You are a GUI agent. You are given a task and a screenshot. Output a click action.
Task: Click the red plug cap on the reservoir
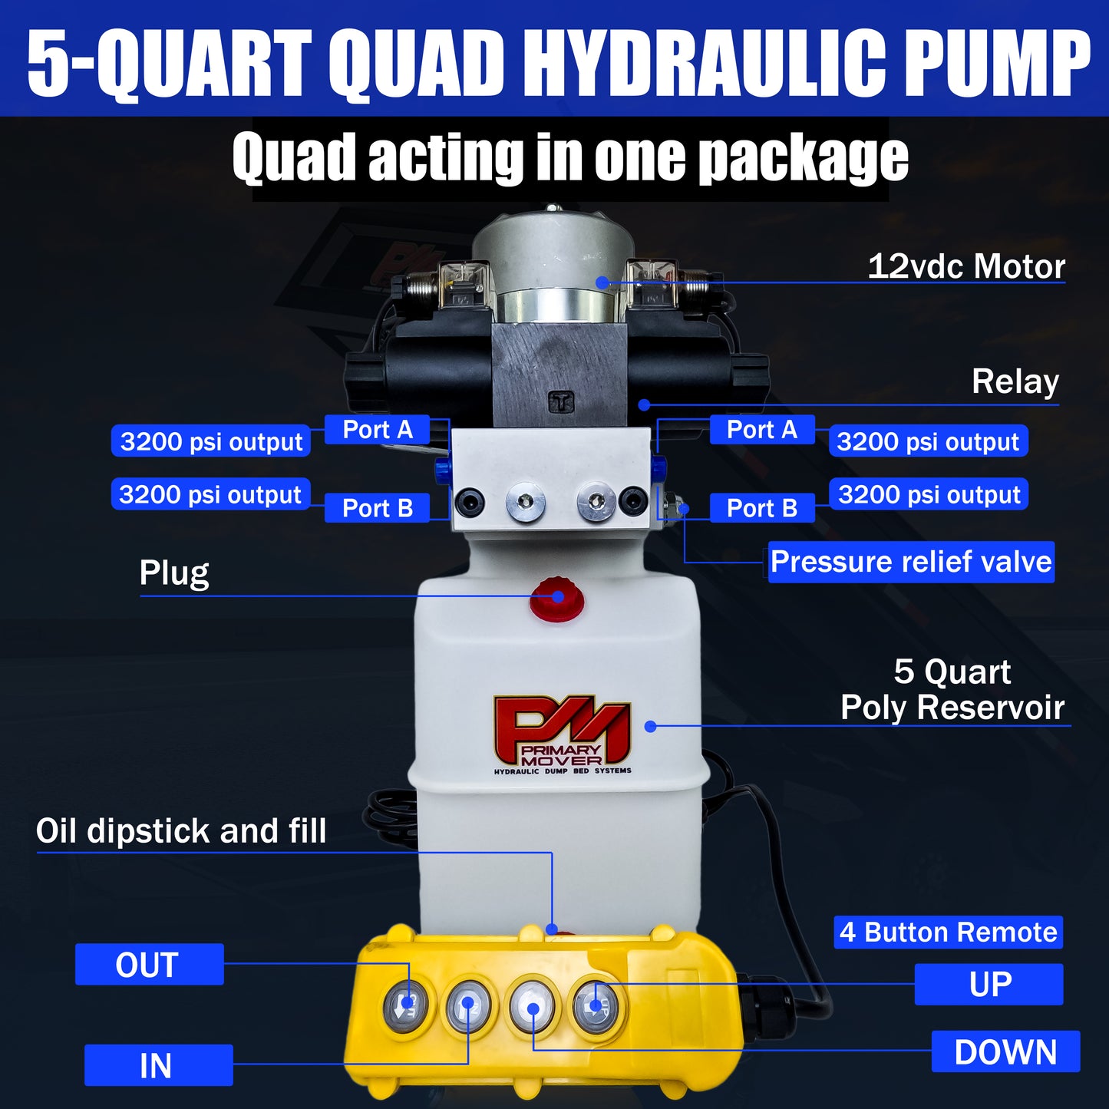(557, 599)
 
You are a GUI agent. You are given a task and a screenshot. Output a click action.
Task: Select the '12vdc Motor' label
(965, 266)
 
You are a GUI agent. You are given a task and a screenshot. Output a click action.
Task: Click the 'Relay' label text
(1015, 381)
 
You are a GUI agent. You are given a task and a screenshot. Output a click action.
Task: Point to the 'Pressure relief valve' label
(911, 562)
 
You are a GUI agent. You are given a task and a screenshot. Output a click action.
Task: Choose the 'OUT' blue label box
(149, 965)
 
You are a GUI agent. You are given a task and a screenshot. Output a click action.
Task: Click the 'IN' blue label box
(158, 1065)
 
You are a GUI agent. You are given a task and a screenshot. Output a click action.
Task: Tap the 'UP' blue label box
(989, 985)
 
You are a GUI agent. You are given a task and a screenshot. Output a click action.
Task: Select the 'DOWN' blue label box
(1005, 1051)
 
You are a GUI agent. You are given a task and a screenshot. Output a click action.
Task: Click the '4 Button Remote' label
(948, 932)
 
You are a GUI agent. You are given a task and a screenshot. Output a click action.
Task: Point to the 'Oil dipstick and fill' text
(181, 831)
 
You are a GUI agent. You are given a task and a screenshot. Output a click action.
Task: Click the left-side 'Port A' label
(378, 430)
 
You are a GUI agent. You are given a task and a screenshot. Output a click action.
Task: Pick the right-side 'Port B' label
(761, 508)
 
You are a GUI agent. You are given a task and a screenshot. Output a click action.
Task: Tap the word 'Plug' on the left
(174, 573)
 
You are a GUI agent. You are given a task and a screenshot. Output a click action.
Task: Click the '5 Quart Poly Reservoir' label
(952, 689)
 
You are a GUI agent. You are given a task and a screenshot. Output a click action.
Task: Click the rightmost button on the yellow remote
(596, 1005)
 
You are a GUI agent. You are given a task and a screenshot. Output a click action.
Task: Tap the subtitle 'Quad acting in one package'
(570, 158)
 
